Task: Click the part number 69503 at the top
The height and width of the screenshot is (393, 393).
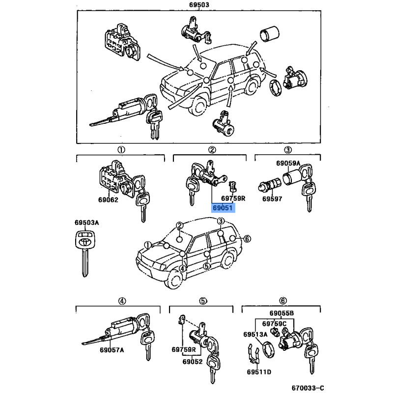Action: (199, 5)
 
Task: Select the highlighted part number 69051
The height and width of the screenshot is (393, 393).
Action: (223, 208)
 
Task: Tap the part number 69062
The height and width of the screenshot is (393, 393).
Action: (108, 200)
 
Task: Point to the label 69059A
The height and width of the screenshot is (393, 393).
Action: (288, 164)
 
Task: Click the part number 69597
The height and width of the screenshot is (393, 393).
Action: (272, 199)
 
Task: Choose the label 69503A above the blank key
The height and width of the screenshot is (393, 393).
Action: (87, 223)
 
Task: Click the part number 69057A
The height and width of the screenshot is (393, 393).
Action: (112, 350)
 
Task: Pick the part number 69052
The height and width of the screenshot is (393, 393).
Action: (193, 362)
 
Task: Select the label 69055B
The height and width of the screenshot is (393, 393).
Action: (281, 313)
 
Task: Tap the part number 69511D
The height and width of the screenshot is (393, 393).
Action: (259, 372)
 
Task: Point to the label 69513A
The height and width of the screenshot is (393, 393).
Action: (255, 335)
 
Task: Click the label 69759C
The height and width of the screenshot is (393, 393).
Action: (274, 324)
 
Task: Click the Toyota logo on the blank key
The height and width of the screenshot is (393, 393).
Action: (84, 242)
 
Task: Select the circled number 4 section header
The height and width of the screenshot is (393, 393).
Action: (122, 301)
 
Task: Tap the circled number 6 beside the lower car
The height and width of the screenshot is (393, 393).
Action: (247, 239)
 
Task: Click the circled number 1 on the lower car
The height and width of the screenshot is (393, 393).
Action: (148, 245)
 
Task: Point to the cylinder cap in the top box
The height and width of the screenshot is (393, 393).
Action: (269, 33)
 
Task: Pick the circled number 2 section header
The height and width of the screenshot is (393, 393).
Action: (212, 150)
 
